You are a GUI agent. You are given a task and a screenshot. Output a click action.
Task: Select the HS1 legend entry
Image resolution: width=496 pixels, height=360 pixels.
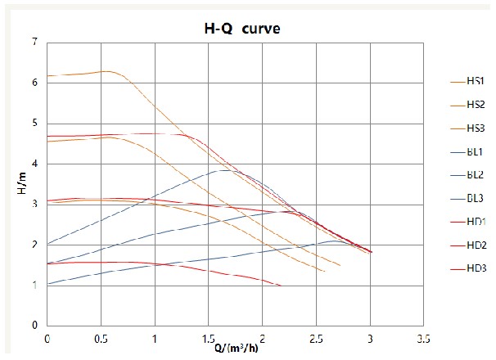click(x=475, y=81)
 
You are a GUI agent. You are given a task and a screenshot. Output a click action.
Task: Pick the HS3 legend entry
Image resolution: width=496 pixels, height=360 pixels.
click(x=475, y=128)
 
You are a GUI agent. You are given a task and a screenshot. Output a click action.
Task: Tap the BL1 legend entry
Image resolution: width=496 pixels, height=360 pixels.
click(x=475, y=151)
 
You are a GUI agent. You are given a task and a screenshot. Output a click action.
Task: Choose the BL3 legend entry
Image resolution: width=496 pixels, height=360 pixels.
click(x=475, y=198)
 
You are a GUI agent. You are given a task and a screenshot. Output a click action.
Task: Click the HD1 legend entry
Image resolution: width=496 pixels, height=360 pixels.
click(x=475, y=222)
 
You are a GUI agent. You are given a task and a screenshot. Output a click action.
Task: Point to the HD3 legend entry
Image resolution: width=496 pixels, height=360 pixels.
click(x=475, y=268)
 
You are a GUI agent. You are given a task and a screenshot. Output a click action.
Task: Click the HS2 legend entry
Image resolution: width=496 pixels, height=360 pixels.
click(x=475, y=105)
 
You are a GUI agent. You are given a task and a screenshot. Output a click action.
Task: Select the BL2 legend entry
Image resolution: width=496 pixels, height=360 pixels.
click(x=475, y=175)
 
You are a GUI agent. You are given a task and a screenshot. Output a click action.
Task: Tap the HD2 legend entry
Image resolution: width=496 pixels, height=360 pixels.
click(x=475, y=245)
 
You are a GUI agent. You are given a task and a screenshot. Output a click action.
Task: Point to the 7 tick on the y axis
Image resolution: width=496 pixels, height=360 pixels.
click(x=34, y=42)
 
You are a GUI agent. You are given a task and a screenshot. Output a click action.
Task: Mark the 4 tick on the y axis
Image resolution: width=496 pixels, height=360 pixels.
click(x=34, y=164)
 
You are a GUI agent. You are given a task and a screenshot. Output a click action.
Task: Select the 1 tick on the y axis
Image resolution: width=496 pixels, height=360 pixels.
click(x=34, y=286)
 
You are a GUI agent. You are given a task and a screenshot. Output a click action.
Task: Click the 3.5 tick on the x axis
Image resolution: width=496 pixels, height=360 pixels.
click(x=423, y=337)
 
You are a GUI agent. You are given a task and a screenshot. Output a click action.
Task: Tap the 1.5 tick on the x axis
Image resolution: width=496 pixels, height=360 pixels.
click(x=208, y=337)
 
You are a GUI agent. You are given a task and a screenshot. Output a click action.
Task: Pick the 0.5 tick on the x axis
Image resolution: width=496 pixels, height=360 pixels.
click(x=101, y=337)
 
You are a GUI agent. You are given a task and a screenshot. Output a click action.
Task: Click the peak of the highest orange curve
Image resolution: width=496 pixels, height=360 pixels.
click(x=106, y=71)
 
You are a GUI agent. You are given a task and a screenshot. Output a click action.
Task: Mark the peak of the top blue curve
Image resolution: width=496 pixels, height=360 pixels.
click(x=223, y=170)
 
